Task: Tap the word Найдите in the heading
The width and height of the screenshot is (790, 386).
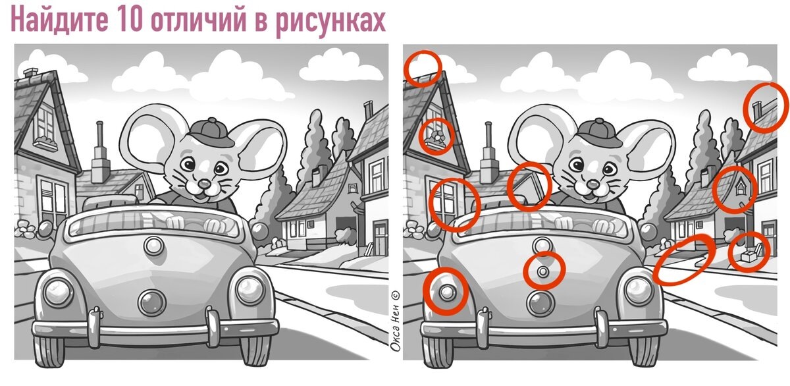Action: [x=59, y=20]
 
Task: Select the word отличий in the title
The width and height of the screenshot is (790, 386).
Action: [x=199, y=20]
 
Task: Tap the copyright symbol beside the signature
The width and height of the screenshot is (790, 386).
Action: [x=396, y=295]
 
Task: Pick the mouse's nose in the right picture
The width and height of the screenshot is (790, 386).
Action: [x=593, y=184]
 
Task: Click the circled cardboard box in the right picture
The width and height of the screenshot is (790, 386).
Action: [x=749, y=255]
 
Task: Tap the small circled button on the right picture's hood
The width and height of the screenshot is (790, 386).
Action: [x=543, y=271]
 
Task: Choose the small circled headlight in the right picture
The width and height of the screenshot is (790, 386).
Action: [x=447, y=292]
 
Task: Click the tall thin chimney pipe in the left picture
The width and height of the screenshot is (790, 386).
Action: [x=100, y=135]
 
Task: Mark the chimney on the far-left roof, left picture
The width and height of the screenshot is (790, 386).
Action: [x=30, y=72]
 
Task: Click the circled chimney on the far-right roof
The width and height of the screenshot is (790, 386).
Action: [x=756, y=110]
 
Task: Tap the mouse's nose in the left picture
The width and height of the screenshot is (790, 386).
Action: [x=204, y=184]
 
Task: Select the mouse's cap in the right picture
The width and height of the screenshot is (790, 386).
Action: [x=600, y=132]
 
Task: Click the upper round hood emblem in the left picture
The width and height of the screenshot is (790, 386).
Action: [x=153, y=246]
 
